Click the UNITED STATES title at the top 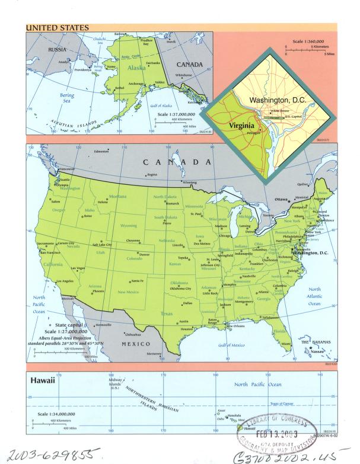tap(57, 27)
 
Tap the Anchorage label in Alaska tap(136, 83)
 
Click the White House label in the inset tap(279, 111)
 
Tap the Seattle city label tap(65, 180)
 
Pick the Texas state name tap(167, 313)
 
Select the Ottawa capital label tap(281, 199)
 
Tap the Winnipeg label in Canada tap(189, 183)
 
